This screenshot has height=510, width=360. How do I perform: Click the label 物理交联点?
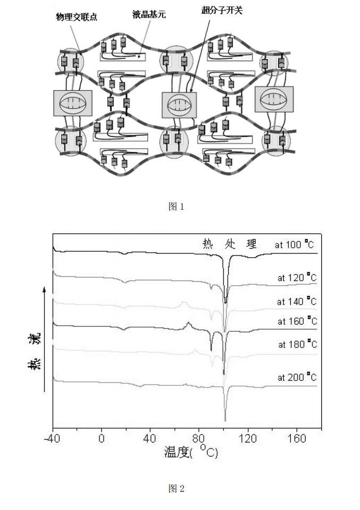pos(77,17)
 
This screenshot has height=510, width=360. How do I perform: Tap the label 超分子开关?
pos(222,10)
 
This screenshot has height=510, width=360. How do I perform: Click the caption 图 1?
pos(176,207)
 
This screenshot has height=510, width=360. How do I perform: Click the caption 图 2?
pos(176,488)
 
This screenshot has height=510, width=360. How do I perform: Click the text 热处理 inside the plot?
pos(230,244)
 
